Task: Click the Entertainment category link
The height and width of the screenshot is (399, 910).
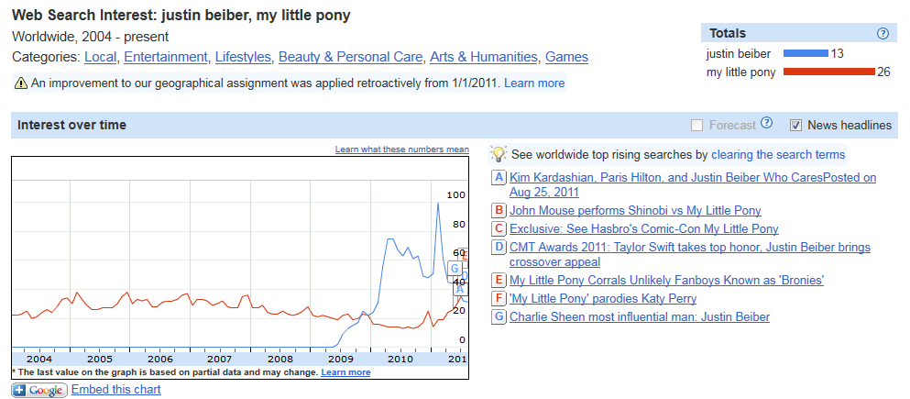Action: (166, 57)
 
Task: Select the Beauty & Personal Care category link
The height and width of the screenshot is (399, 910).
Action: (351, 57)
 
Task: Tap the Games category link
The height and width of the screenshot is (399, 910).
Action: (566, 57)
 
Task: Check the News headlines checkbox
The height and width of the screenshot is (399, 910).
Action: (796, 125)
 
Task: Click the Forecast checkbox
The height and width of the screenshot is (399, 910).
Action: (697, 125)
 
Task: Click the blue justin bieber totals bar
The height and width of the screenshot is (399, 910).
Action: (806, 54)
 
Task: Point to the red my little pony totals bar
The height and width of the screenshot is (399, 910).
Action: (829, 72)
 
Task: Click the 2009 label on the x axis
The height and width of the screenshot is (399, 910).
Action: (341, 359)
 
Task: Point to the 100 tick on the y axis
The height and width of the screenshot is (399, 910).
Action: (455, 195)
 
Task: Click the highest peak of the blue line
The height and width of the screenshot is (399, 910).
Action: (438, 203)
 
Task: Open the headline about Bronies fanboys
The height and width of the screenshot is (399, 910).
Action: (666, 280)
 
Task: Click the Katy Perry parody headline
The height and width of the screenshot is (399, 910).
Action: (602, 298)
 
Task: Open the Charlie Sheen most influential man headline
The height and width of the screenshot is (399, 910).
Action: (639, 316)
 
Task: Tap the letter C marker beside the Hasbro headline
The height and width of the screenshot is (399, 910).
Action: (499, 228)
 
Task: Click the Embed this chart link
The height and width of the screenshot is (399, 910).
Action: (115, 390)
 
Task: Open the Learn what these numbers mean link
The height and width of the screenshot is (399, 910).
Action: (401, 150)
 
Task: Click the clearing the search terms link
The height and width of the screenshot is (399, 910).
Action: (778, 154)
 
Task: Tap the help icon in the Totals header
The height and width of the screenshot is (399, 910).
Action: (883, 33)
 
